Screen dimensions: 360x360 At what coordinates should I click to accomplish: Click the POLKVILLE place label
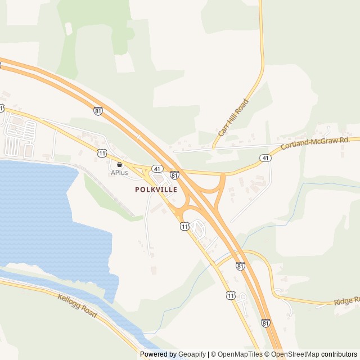(x=156, y=190)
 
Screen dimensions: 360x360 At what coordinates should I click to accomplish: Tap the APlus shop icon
(x=119, y=164)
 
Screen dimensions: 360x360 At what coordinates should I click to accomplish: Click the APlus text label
(x=119, y=173)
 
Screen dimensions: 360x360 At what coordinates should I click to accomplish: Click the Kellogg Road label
(x=78, y=305)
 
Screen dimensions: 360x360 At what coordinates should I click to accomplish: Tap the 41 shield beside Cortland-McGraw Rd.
(x=265, y=159)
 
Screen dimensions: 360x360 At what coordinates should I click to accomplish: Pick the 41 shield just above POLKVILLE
(x=157, y=169)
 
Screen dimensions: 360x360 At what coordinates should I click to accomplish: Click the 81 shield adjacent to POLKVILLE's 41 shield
(x=174, y=175)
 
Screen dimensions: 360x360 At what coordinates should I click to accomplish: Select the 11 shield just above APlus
(x=101, y=152)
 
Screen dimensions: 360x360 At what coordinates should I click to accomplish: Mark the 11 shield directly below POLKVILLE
(x=185, y=226)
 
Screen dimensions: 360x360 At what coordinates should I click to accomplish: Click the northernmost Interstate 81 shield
(x=98, y=111)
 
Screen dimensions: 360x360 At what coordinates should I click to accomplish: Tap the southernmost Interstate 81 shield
(x=265, y=323)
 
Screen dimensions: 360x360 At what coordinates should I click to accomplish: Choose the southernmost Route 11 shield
(x=231, y=295)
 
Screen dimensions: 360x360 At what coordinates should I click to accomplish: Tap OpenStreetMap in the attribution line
(x=295, y=354)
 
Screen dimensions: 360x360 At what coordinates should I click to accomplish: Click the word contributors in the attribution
(x=340, y=354)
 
